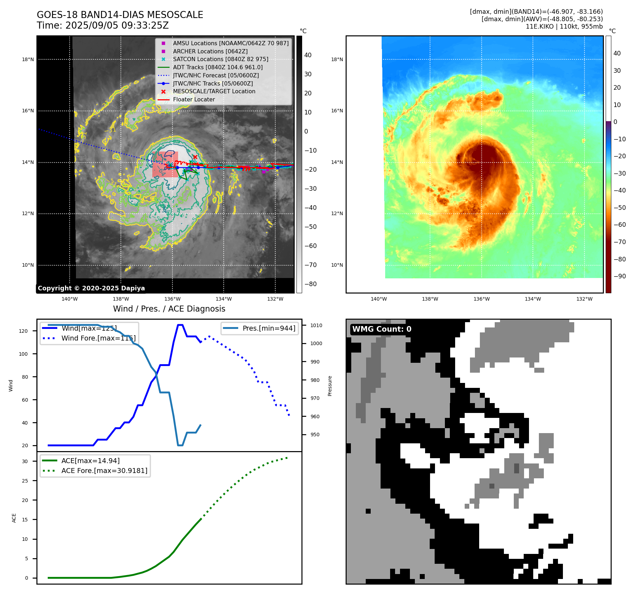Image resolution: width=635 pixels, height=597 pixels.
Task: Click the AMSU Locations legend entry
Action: [x=230, y=43]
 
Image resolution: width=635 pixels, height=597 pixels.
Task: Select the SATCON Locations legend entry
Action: [x=220, y=59]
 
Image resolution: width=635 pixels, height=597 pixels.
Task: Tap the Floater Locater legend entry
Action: [x=194, y=99]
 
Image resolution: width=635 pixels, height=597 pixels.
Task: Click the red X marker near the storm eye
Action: [x=195, y=157]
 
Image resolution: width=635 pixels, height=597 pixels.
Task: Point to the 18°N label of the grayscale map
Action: [x=28, y=59]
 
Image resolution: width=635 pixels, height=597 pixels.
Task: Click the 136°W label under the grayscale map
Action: [x=172, y=299]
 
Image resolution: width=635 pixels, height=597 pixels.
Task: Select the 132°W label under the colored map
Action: [x=584, y=299]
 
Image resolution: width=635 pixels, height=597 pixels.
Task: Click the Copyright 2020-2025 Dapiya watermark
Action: [x=91, y=288]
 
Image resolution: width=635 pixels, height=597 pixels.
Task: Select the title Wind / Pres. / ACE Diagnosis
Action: [x=169, y=309]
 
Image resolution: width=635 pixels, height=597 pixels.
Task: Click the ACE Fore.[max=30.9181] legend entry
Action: [x=104, y=471]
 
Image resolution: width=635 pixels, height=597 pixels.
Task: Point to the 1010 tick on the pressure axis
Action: [x=316, y=325]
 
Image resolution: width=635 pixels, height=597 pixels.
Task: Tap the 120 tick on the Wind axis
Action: [x=23, y=331]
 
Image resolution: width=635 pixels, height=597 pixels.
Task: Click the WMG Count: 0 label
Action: [x=382, y=329]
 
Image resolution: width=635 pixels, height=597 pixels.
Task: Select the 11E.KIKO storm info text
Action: [x=564, y=26]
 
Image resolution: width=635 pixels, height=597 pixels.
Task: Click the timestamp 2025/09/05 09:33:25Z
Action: [x=117, y=26]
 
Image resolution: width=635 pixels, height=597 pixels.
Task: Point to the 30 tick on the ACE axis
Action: [x=25, y=461]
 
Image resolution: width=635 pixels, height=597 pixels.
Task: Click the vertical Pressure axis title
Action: [x=330, y=386]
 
